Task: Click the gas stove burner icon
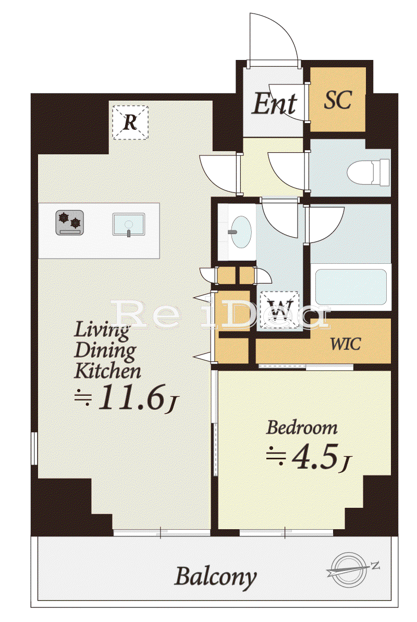coord(69,223)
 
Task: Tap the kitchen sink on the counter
coord(129,224)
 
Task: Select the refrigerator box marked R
coord(130,123)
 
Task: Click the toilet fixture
coord(369,172)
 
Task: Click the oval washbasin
coord(241,231)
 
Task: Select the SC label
coord(338,100)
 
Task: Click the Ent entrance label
coord(275,104)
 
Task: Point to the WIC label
coord(346,344)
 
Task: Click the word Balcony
coord(215,577)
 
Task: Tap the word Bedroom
coord(302,428)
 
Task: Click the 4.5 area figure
coord(315,457)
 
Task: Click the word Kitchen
coord(107,371)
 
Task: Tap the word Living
coord(102,330)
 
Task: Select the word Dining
coord(105,351)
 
